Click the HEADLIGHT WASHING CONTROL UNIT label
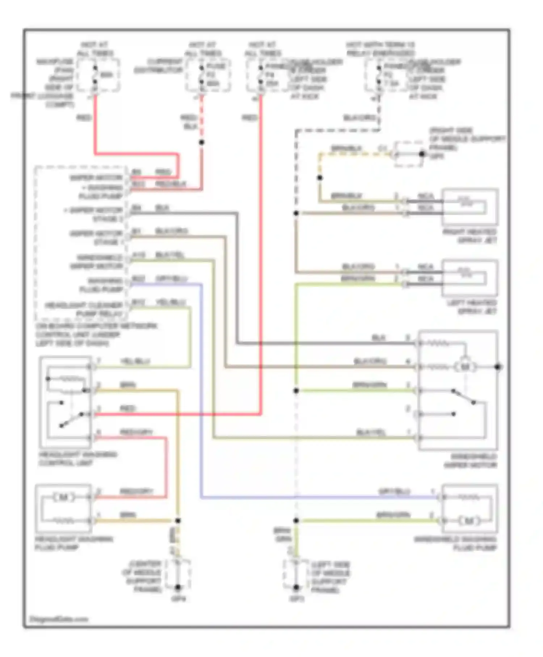(77, 459)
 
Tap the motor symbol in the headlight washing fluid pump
(64, 497)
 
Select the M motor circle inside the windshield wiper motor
(465, 367)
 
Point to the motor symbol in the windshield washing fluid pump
(469, 521)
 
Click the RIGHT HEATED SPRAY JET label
(470, 236)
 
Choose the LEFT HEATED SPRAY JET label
(472, 307)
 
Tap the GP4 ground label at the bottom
(178, 599)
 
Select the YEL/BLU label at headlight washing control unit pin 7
(135, 361)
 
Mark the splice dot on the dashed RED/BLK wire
(202, 142)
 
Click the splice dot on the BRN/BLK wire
(320, 178)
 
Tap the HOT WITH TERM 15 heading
(380, 49)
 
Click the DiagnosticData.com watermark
(59, 619)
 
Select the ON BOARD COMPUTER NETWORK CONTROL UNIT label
(96, 334)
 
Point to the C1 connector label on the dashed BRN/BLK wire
(382, 148)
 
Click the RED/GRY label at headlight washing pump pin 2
(136, 491)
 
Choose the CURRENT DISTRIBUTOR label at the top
(159, 66)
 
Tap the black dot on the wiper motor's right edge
(498, 367)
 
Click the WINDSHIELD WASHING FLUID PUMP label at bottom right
(455, 543)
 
